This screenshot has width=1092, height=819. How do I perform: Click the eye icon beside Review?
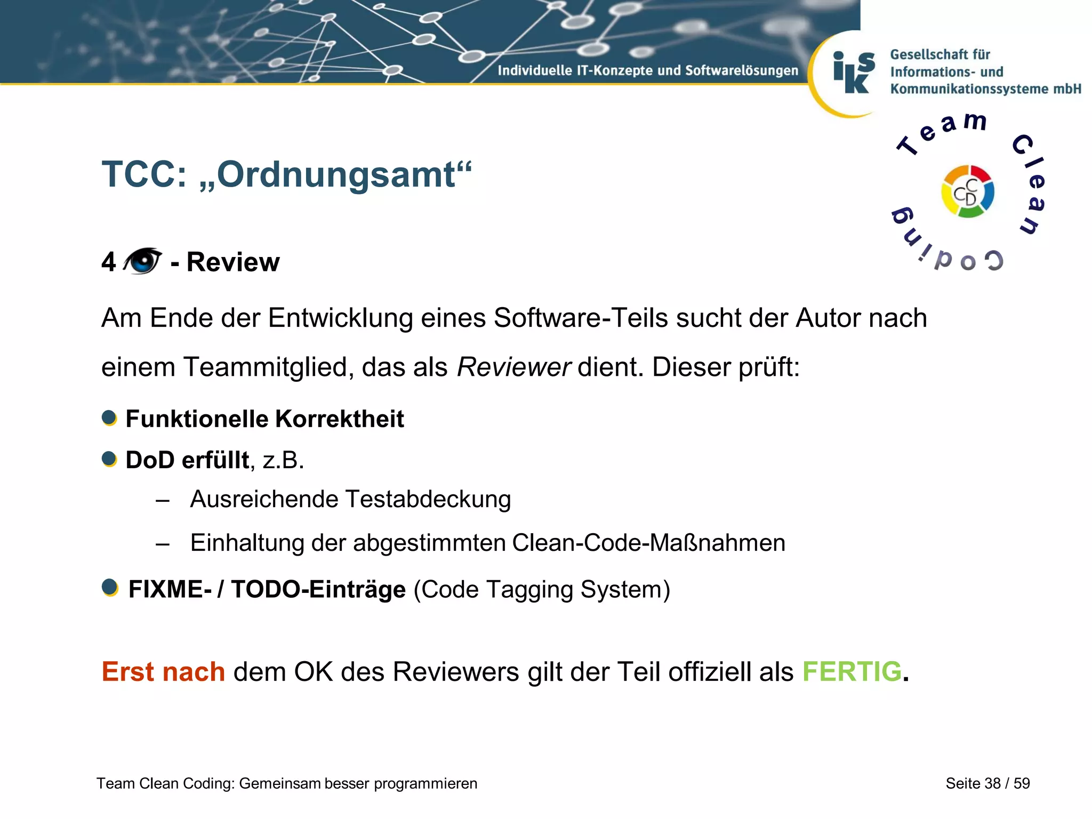click(142, 261)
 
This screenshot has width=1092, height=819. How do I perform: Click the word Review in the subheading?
click(233, 262)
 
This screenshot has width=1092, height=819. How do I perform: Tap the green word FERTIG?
click(852, 671)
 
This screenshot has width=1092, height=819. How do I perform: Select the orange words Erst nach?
click(163, 671)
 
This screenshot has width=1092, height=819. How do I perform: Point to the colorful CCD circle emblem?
click(967, 191)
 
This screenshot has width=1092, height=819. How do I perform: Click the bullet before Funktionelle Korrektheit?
click(109, 418)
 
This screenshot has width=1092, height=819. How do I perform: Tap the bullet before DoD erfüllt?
click(109, 459)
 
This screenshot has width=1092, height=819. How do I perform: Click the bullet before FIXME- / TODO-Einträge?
click(110, 588)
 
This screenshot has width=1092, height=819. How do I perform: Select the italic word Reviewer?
click(513, 367)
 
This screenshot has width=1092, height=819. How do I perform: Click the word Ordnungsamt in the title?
click(336, 174)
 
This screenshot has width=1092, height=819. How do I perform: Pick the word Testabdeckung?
click(428, 500)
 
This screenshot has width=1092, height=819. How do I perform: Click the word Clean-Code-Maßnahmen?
click(648, 543)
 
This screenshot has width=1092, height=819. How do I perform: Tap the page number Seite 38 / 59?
click(987, 783)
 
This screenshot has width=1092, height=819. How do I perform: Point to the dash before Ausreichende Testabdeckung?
click(163, 501)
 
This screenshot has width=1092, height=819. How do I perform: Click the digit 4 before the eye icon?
click(109, 262)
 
